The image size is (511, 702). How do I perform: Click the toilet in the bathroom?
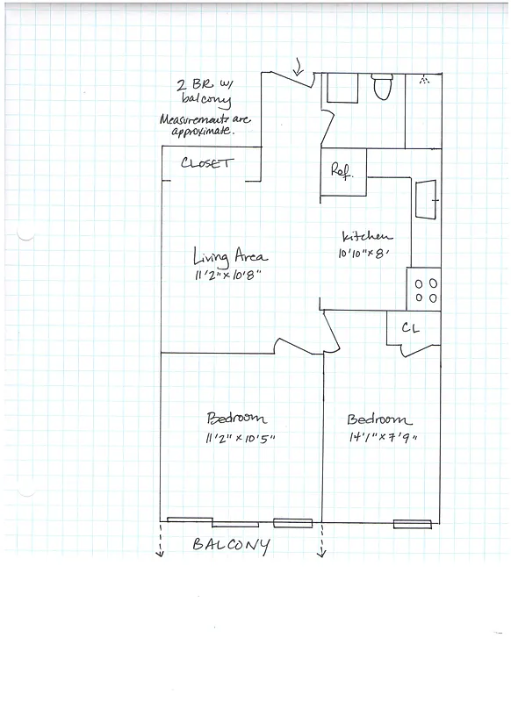pyautogui.click(x=382, y=88)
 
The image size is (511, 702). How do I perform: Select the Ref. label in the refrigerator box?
pyautogui.click(x=340, y=171)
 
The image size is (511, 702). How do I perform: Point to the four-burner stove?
pyautogui.click(x=426, y=290)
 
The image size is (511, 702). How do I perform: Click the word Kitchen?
pyautogui.click(x=366, y=237)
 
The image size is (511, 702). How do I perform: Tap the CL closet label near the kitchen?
pyautogui.click(x=409, y=327)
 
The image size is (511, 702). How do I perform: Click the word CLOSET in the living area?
pyautogui.click(x=207, y=163)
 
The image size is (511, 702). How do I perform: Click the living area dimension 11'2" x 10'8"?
pyautogui.click(x=228, y=276)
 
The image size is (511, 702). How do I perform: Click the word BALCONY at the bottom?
pyautogui.click(x=230, y=545)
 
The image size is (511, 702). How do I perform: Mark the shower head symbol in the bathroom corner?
pyautogui.click(x=425, y=80)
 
